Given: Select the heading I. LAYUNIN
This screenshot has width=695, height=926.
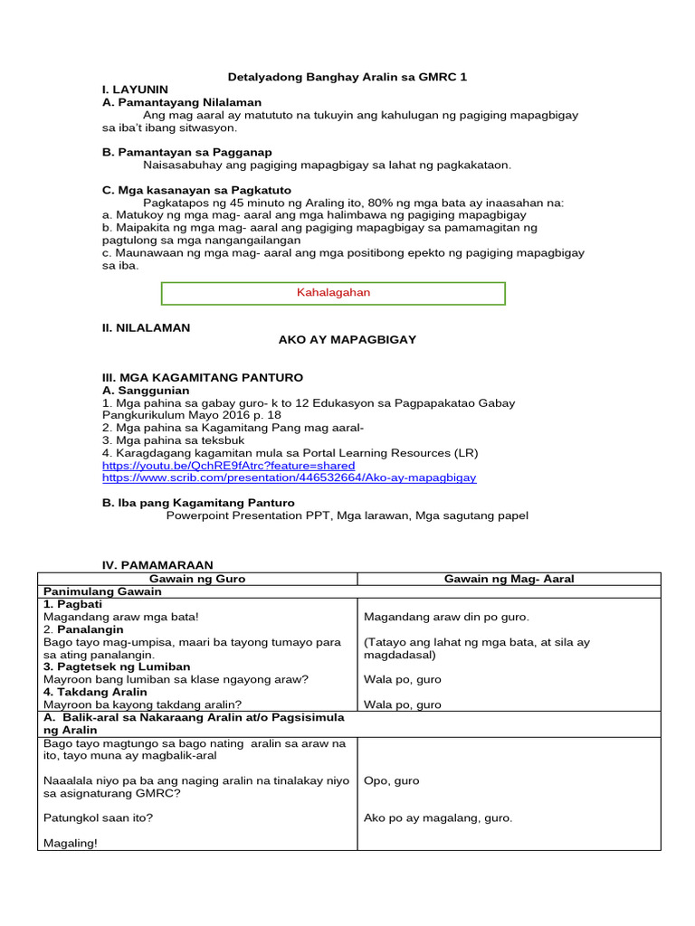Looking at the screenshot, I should pyautogui.click(x=135, y=90).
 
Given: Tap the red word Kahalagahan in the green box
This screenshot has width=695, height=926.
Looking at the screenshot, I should pyautogui.click(x=333, y=293).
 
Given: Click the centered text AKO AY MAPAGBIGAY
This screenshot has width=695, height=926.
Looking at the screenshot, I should pyautogui.click(x=347, y=339).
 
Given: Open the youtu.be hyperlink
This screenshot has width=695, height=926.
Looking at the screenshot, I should pyautogui.click(x=228, y=465).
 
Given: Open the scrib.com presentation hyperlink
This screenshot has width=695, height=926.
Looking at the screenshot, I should pyautogui.click(x=289, y=477).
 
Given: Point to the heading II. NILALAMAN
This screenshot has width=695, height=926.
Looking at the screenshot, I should pyautogui.click(x=146, y=327).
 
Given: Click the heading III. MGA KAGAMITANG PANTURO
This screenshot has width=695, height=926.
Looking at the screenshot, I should pyautogui.click(x=203, y=377).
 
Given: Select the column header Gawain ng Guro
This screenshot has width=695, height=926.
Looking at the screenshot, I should pyautogui.click(x=197, y=579).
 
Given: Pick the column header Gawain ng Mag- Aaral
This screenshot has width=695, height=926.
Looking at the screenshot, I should pyautogui.click(x=509, y=579).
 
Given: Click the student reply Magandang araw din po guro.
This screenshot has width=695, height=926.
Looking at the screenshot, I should pyautogui.click(x=446, y=617).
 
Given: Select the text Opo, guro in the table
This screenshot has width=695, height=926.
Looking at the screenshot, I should pyautogui.click(x=391, y=780).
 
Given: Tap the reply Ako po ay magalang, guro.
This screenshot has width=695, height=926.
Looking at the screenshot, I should pyautogui.click(x=438, y=818).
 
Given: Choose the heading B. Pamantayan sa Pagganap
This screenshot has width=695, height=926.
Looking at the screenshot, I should pyautogui.click(x=187, y=153).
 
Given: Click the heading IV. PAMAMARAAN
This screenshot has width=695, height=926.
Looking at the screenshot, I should pyautogui.click(x=157, y=564).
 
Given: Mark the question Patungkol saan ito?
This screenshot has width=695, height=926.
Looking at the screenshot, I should pyautogui.click(x=98, y=818).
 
